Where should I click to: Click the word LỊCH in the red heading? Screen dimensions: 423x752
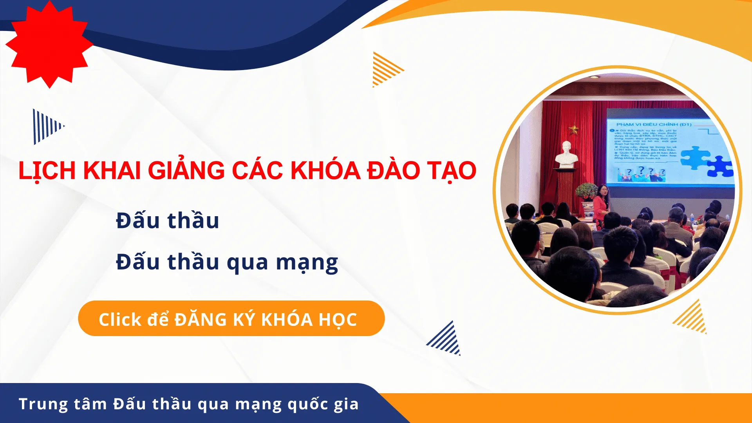[47, 171]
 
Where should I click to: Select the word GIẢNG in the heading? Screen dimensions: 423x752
[186, 171]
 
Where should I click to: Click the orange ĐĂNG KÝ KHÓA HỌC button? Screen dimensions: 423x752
[231, 318]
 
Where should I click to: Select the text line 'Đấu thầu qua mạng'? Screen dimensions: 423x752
[227, 262]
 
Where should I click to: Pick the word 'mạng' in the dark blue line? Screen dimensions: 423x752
[307, 262]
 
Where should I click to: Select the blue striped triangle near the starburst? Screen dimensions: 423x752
[47, 126]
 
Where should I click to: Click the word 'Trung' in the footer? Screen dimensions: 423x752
[43, 404]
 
